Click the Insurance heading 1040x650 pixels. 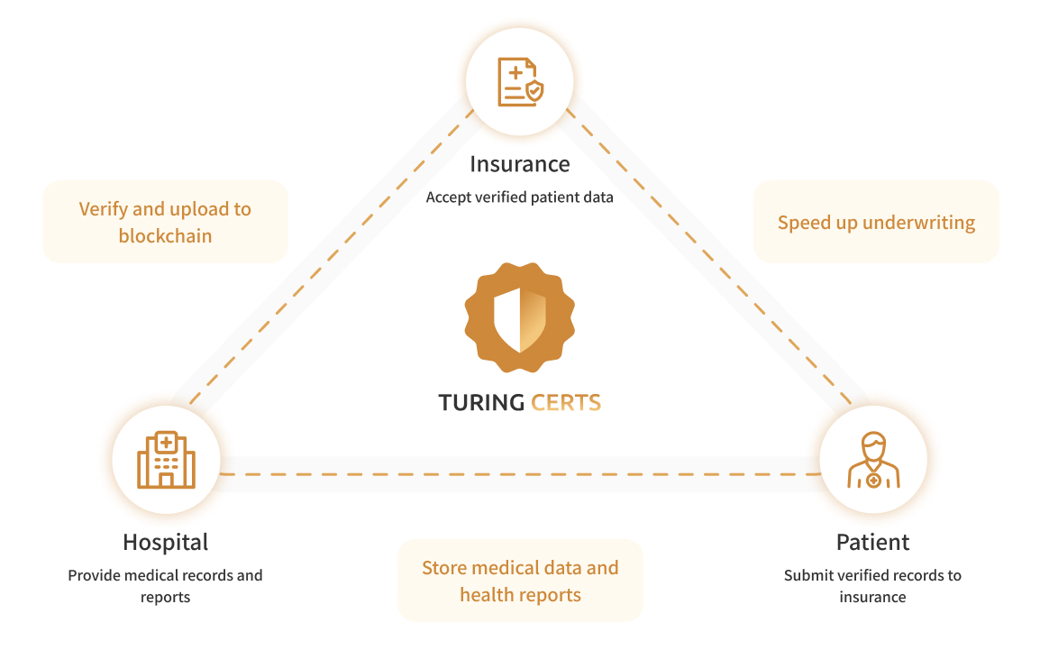click(x=519, y=164)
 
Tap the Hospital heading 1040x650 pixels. click(x=165, y=543)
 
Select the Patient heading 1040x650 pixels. click(x=872, y=542)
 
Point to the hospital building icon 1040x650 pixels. click(x=166, y=460)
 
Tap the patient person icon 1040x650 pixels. click(x=873, y=460)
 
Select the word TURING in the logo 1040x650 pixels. click(x=481, y=403)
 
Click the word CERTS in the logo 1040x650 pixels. click(x=566, y=403)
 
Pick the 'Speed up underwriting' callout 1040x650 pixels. click(x=876, y=222)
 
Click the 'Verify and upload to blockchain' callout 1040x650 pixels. click(x=165, y=222)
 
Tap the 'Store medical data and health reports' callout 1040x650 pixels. click(x=520, y=581)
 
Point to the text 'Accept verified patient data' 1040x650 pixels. click(x=519, y=197)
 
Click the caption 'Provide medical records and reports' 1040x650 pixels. click(x=165, y=586)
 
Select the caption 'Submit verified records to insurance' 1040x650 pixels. click(x=872, y=586)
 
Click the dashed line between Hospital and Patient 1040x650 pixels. click(x=520, y=474)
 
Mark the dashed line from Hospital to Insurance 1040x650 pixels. click(x=332, y=257)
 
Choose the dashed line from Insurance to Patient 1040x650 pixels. click(x=708, y=257)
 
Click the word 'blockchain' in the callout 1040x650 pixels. click(x=165, y=235)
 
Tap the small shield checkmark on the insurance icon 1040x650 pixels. click(x=534, y=91)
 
